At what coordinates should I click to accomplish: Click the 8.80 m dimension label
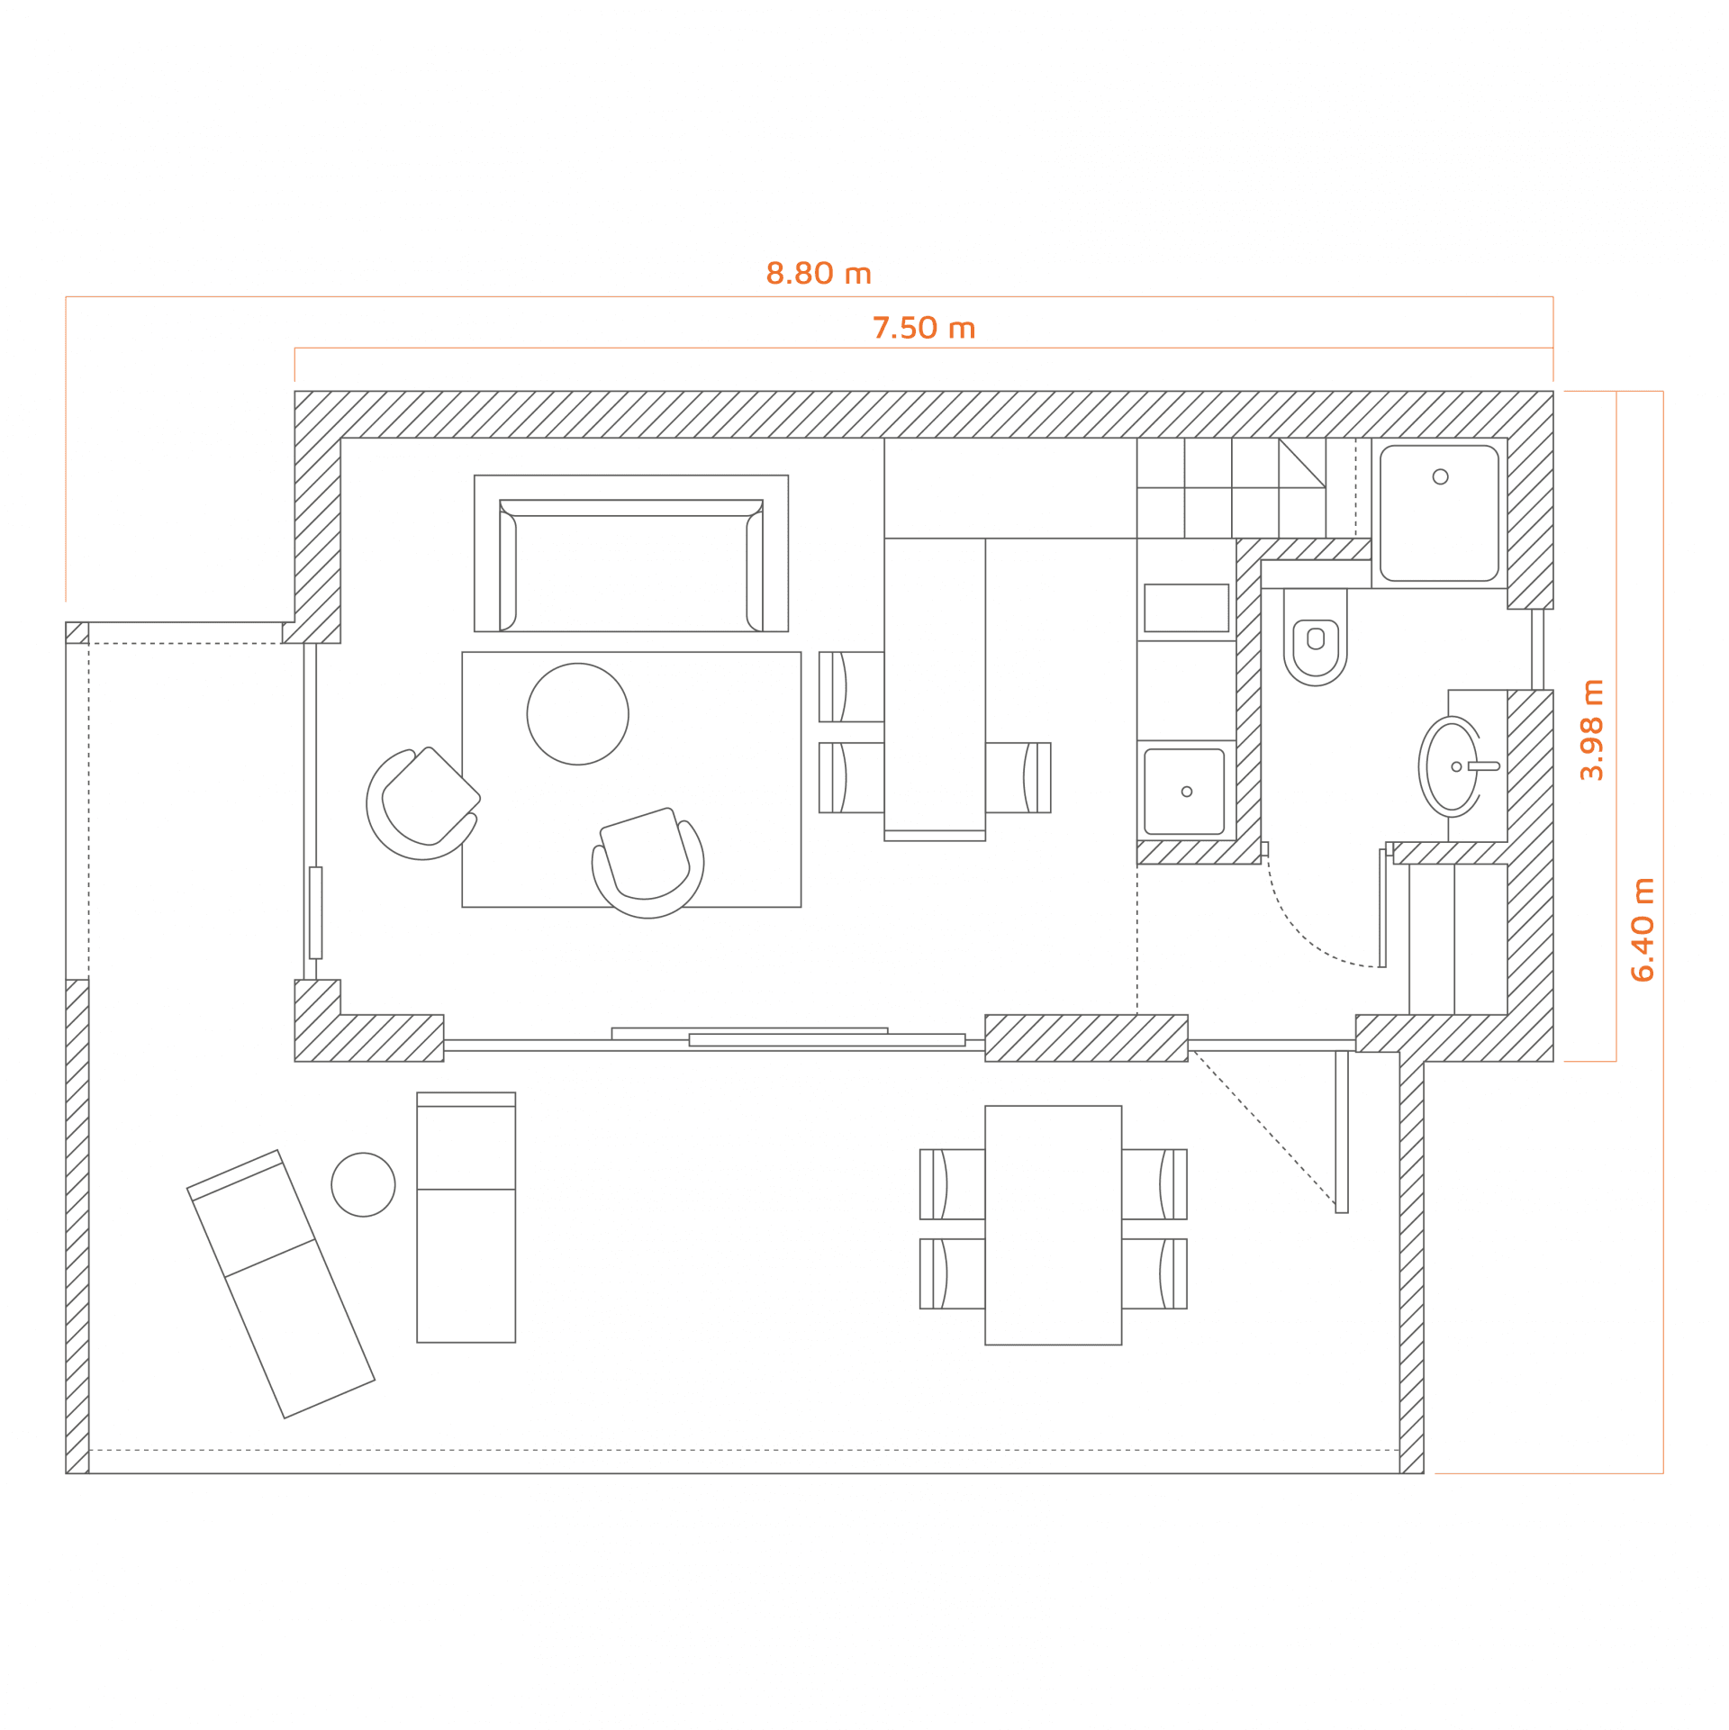click(819, 273)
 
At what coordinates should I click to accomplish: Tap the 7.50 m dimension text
click(924, 328)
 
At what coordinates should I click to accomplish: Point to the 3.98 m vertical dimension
click(1591, 729)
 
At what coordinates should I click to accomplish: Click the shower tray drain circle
click(1440, 476)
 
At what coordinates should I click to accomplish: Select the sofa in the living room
click(630, 566)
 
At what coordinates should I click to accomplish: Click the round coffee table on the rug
click(577, 714)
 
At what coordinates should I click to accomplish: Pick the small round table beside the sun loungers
click(363, 1184)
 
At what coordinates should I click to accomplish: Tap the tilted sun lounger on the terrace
click(280, 1284)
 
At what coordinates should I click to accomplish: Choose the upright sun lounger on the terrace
click(466, 1218)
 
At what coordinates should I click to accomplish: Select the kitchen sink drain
click(1186, 792)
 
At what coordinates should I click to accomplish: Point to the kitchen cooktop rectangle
click(1186, 608)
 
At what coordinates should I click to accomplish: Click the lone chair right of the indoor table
click(1018, 777)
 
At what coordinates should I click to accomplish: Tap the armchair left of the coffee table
click(422, 802)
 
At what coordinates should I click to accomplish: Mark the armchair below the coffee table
click(647, 863)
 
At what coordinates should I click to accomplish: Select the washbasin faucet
click(1483, 766)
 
